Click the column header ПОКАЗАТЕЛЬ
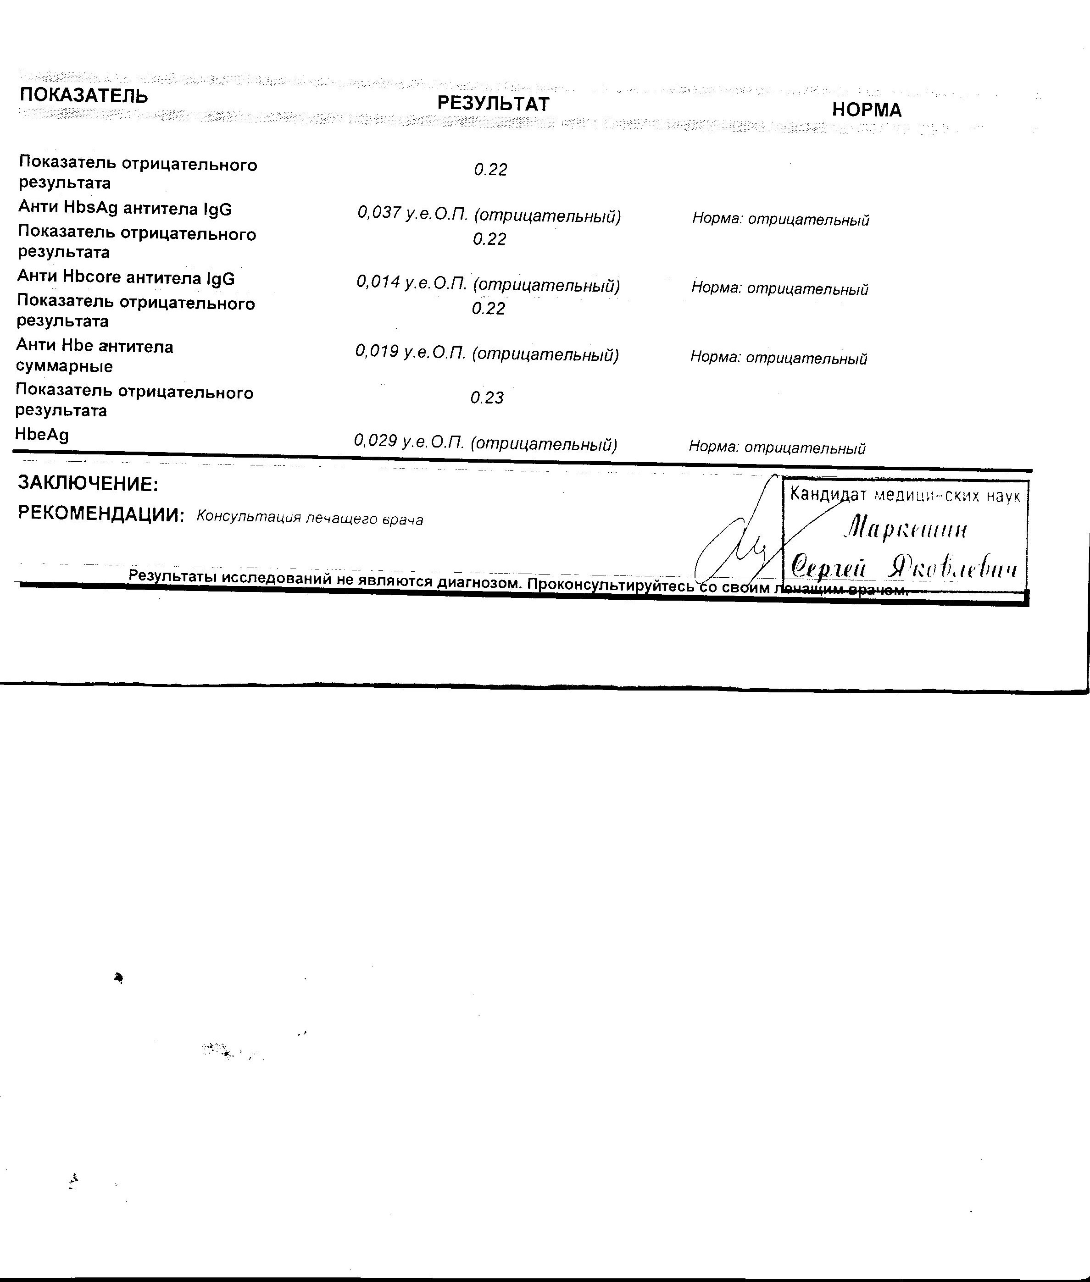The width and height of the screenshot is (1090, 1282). [x=84, y=96]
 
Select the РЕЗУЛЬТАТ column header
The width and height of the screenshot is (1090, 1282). [x=493, y=104]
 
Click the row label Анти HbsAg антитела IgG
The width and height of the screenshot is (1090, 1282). [x=125, y=210]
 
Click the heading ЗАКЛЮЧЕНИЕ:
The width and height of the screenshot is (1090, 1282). [x=88, y=484]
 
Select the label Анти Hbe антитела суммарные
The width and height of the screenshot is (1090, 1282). [x=94, y=356]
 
